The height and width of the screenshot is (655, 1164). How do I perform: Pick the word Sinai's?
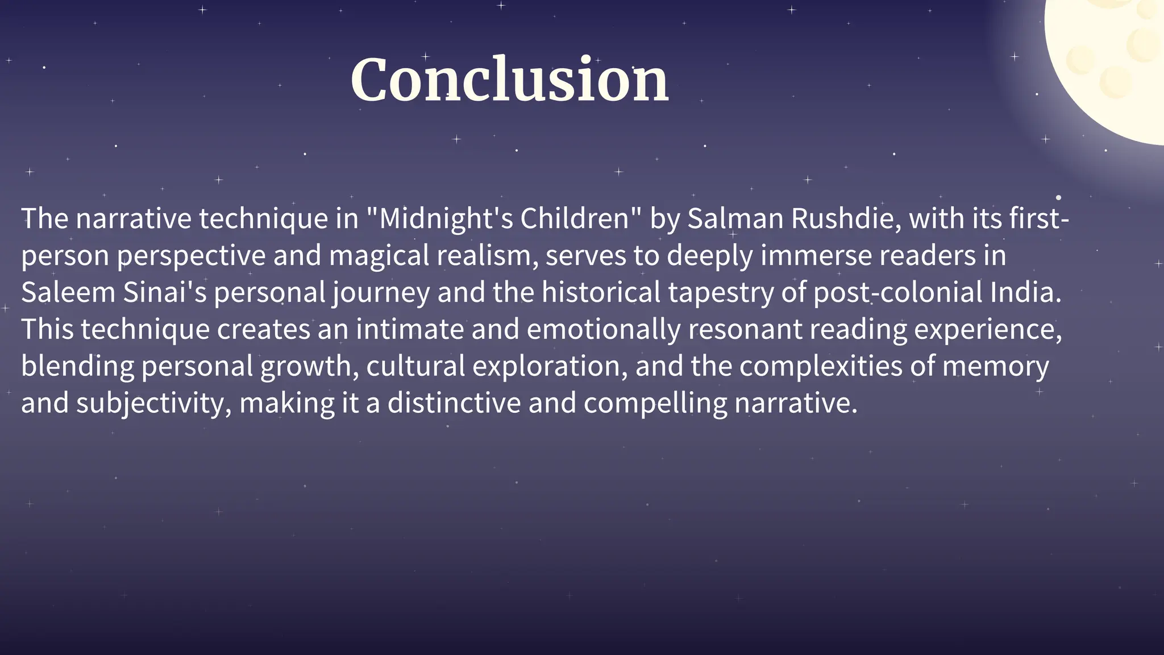165,293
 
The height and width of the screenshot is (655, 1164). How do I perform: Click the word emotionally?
604,330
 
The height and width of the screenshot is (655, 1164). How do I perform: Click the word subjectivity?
153,404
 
